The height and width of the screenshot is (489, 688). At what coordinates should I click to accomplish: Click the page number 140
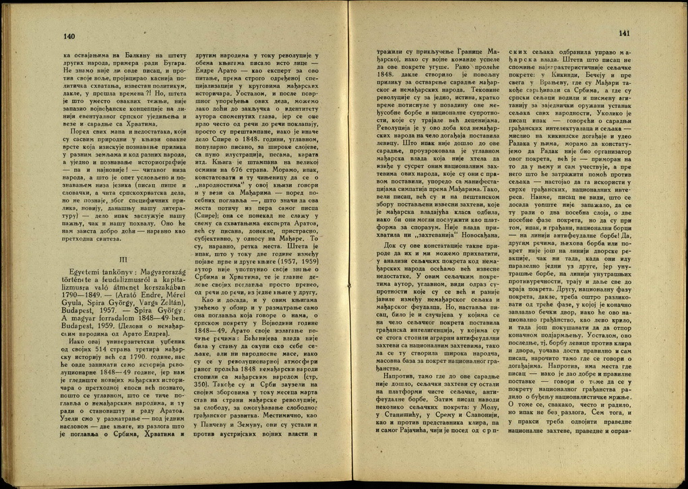pos(69,36)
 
